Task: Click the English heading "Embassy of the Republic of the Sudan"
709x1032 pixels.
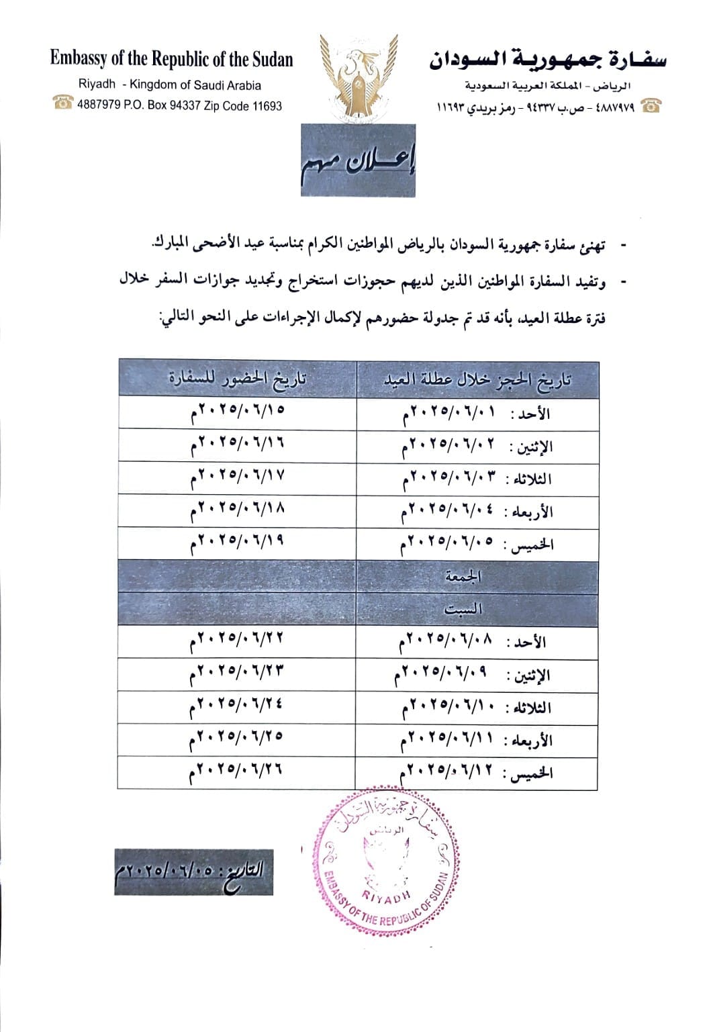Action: (171, 60)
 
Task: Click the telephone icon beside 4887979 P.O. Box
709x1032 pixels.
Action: (64, 104)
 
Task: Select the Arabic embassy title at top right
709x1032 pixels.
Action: (547, 61)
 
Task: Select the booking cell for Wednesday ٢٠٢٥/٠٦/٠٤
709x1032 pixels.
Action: (477, 512)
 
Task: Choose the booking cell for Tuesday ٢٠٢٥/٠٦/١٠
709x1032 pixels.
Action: (477, 708)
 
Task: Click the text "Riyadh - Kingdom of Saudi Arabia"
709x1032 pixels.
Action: (170, 85)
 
